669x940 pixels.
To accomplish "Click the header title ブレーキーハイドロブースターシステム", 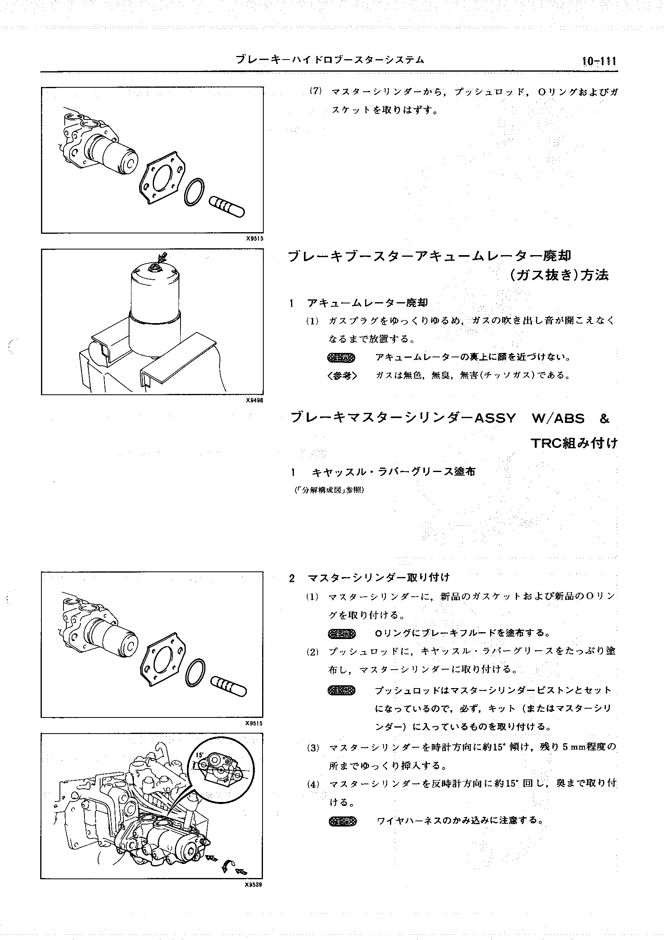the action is (x=330, y=60).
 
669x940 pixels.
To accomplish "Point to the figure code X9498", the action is (x=254, y=400).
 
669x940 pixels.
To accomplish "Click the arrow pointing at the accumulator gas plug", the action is (x=163, y=258).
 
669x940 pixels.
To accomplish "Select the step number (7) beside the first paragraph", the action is (x=316, y=91).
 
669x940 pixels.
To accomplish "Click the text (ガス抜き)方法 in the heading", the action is (x=559, y=275).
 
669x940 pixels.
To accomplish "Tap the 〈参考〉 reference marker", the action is (x=342, y=375).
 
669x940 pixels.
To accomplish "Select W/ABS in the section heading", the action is (x=558, y=418).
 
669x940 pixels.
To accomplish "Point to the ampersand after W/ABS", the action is (x=604, y=418).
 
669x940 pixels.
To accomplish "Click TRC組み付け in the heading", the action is (x=574, y=443).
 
